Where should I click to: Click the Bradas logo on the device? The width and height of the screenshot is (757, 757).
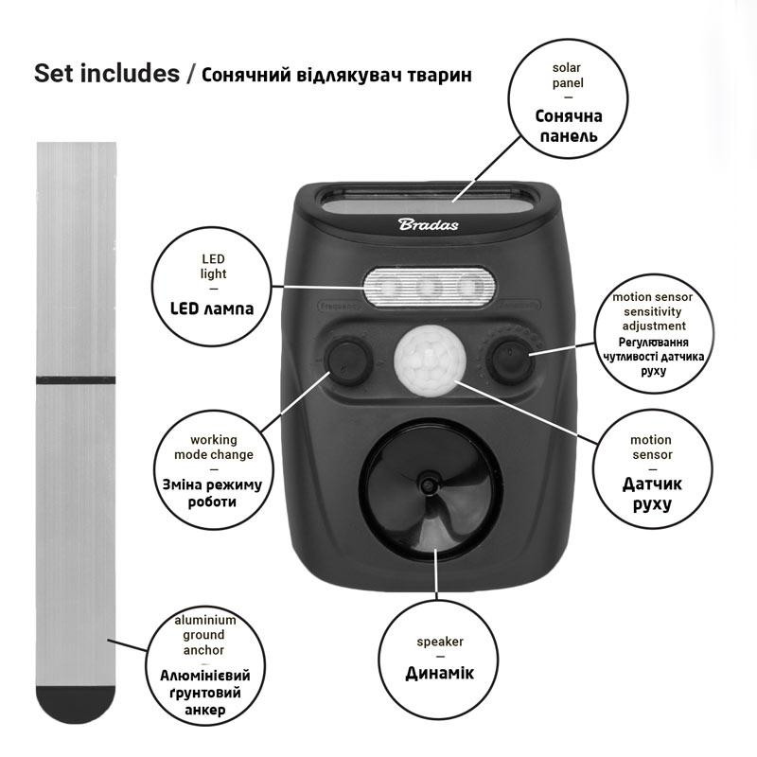tap(429, 224)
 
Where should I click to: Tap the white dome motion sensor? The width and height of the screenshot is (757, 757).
tap(431, 360)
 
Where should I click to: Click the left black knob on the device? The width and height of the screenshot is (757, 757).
tap(346, 361)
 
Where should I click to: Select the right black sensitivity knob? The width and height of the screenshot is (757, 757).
tap(512, 361)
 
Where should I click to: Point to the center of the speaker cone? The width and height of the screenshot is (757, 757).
tap(428, 484)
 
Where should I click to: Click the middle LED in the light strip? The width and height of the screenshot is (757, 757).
tap(429, 288)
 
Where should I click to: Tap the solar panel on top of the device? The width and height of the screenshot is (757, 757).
tap(430, 202)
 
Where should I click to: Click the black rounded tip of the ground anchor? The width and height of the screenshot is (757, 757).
tap(76, 704)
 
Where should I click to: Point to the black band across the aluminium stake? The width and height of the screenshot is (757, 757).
tap(76, 380)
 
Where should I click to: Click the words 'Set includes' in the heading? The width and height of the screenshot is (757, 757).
tap(107, 74)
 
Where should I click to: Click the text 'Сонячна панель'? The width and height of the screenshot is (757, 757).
tap(569, 126)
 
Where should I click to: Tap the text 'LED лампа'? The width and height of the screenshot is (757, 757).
tap(212, 308)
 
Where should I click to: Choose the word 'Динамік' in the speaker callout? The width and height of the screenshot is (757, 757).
tap(439, 673)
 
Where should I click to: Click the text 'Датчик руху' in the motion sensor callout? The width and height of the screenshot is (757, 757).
tap(652, 493)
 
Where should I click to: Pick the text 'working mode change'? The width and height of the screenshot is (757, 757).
tap(214, 447)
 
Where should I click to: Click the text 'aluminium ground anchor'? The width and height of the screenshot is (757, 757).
tap(204, 635)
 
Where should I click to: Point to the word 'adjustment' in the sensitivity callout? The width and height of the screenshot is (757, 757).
tap(654, 326)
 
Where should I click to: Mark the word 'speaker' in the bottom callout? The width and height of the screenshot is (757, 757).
tap(440, 642)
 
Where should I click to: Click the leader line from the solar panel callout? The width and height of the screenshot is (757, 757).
tap(487, 168)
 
